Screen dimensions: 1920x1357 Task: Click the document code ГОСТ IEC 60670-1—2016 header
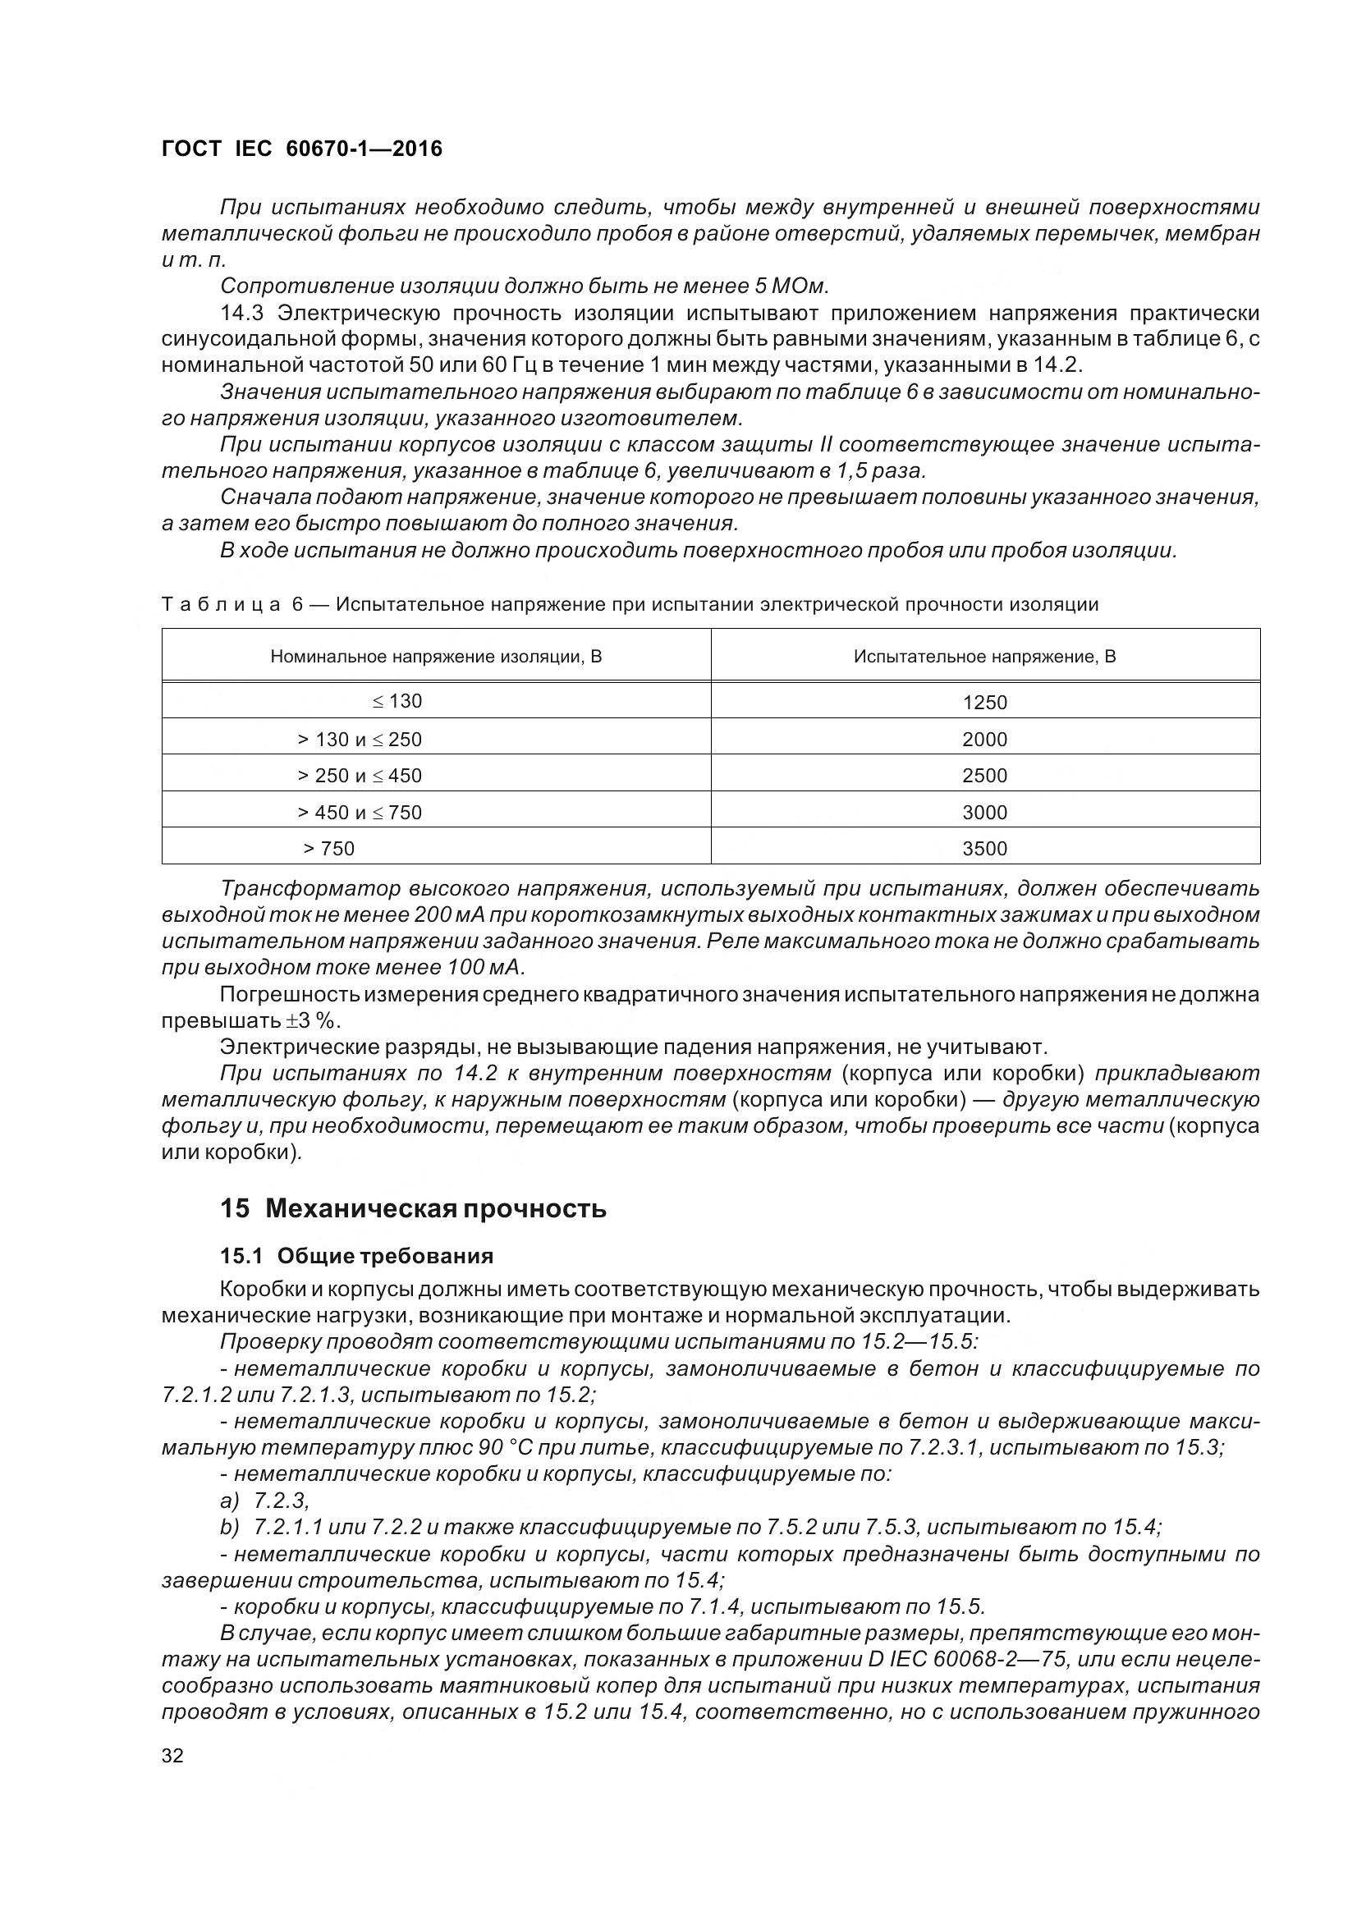(302, 149)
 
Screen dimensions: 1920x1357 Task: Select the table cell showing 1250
(985, 703)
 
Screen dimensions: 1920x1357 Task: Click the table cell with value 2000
(985, 740)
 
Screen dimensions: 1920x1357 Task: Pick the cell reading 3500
(985, 849)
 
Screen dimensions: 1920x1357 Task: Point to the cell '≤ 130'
(397, 701)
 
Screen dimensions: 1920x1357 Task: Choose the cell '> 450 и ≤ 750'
(360, 812)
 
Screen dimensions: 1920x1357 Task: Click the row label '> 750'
(329, 849)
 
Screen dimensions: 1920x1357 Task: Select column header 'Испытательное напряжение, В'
(985, 657)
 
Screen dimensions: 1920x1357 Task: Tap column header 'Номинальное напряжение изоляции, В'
(436, 657)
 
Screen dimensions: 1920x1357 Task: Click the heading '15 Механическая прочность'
(413, 1209)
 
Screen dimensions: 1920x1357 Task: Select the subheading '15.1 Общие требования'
(356, 1256)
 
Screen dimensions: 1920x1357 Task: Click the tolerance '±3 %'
(310, 1021)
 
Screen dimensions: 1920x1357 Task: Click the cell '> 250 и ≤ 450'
(360, 775)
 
